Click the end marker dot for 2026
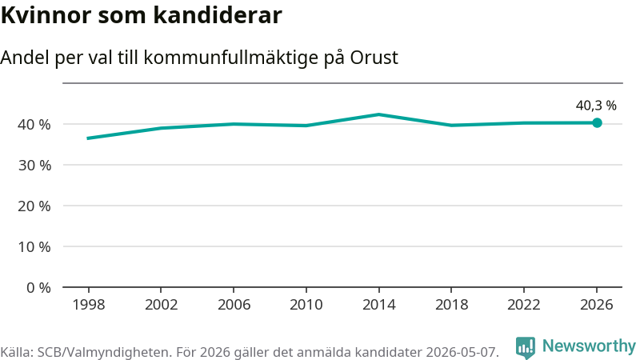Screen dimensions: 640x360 [x=597, y=122]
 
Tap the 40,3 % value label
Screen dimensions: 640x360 [x=596, y=106]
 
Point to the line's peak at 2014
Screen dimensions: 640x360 [x=378, y=114]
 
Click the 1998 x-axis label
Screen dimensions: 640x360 [x=89, y=305]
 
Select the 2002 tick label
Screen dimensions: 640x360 [x=162, y=305]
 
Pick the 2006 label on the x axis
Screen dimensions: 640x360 [x=234, y=305]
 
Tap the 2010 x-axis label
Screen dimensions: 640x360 [x=306, y=305]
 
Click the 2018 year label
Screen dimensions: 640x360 [x=451, y=305]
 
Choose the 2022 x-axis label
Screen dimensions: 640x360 [x=524, y=305]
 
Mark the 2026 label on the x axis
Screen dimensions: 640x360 [x=597, y=305]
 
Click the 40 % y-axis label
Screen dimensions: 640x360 [x=34, y=125]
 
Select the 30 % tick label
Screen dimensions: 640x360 [x=34, y=166]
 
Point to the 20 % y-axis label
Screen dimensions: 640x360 [x=34, y=206]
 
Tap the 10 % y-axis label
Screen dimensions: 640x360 [x=34, y=247]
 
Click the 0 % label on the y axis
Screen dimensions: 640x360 [x=38, y=288]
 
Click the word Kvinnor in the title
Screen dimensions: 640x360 [x=46, y=15]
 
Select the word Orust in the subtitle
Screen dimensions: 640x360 [x=374, y=58]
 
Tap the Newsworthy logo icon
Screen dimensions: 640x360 [x=526, y=347]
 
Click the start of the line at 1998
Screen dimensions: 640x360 [x=89, y=138]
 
